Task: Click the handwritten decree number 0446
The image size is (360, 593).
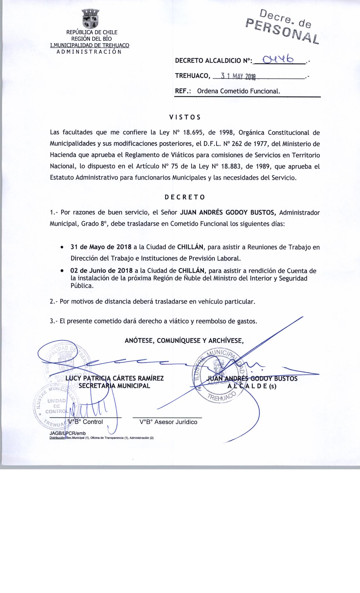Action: click(x=278, y=59)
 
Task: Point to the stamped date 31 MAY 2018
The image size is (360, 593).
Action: click(x=238, y=77)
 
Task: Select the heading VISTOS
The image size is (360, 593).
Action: click(x=185, y=117)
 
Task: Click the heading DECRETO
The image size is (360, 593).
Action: click(x=185, y=197)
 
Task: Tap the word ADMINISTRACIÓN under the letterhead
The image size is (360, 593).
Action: click(x=89, y=52)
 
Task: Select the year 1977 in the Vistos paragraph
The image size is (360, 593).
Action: click(x=260, y=144)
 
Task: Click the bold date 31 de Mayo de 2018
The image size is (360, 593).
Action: click(x=101, y=247)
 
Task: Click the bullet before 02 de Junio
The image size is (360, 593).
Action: click(x=62, y=271)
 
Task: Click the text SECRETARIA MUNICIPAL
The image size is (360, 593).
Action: click(x=114, y=386)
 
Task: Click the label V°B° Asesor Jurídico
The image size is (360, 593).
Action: click(x=168, y=422)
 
